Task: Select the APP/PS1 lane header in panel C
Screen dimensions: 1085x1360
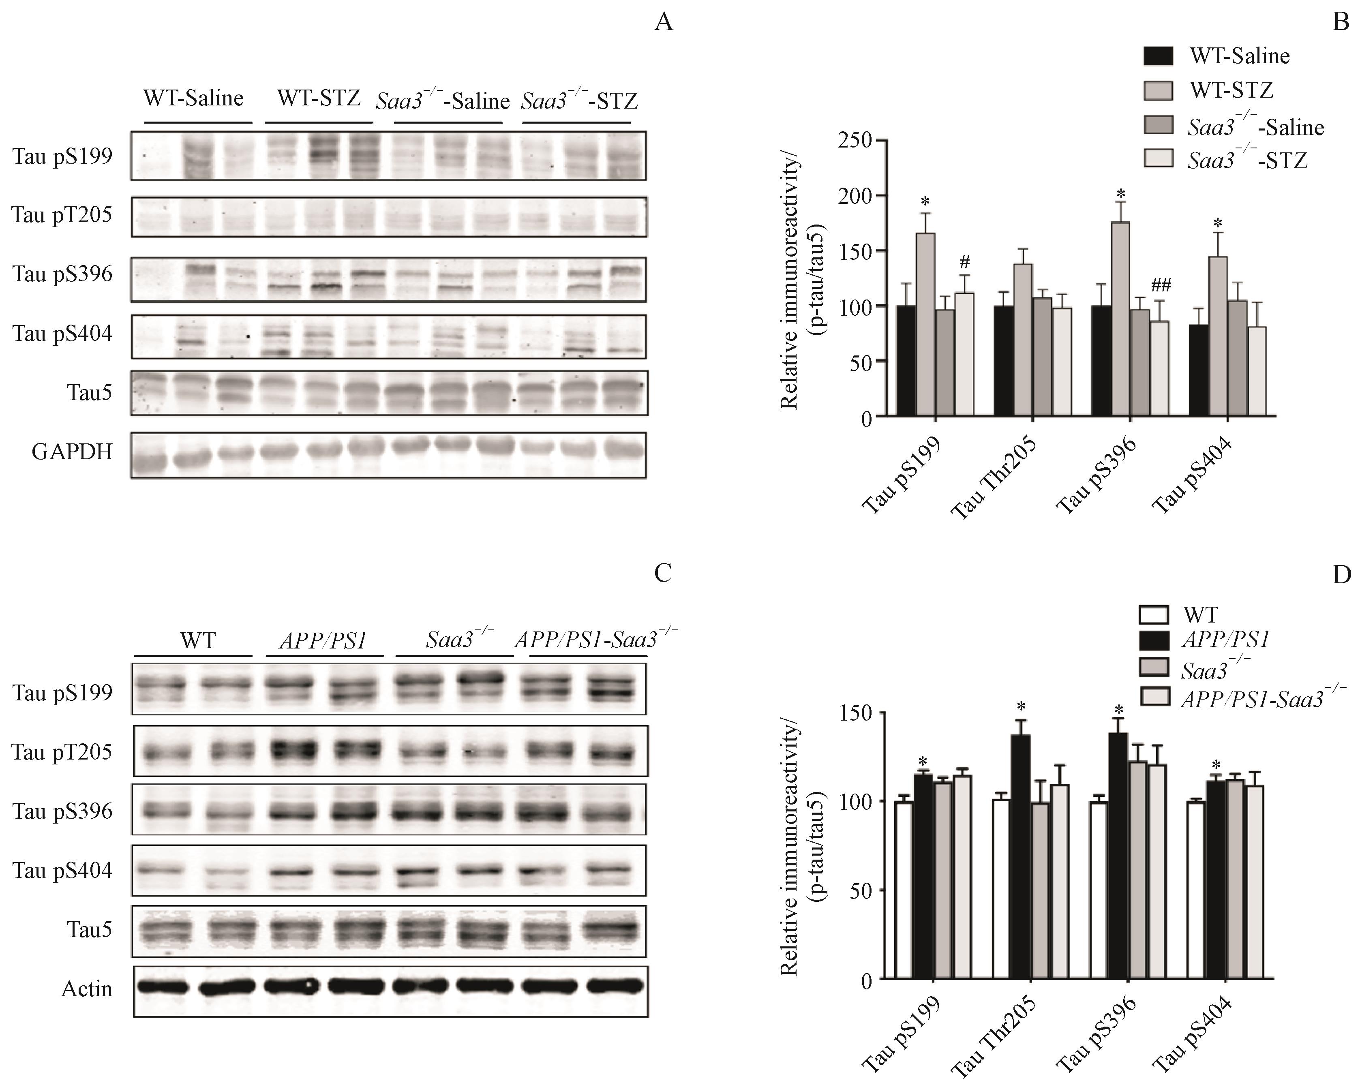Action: [x=323, y=641]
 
